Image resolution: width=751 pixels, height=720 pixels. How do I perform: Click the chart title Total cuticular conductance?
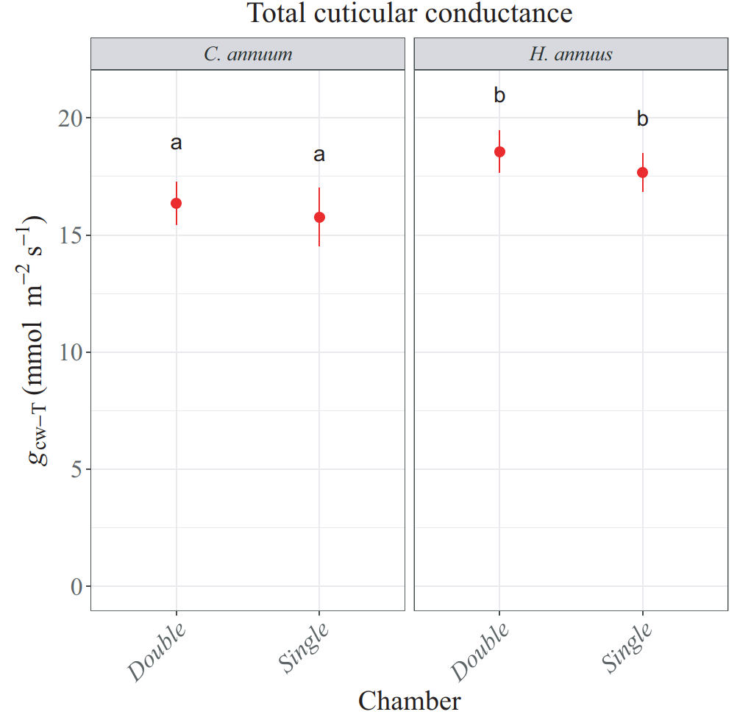click(x=409, y=13)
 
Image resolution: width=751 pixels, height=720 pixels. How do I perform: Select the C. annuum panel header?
click(x=248, y=54)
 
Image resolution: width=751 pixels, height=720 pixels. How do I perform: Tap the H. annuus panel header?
click(x=571, y=54)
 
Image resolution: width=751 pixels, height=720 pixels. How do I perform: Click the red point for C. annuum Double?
click(x=177, y=203)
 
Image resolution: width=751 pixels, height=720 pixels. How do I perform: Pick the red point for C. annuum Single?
click(x=319, y=217)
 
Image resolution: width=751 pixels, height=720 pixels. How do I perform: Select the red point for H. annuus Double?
click(x=499, y=152)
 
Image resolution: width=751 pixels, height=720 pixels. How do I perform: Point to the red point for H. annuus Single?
click(x=642, y=172)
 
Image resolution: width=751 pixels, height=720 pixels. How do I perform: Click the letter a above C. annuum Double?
click(x=177, y=143)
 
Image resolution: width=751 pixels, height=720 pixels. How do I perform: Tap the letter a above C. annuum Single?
click(x=319, y=155)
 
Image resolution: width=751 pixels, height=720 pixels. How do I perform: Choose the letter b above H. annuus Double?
click(x=499, y=96)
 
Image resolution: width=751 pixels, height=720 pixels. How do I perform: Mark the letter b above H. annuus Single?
click(x=642, y=119)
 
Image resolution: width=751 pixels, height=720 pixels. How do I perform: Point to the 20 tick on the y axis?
click(x=70, y=118)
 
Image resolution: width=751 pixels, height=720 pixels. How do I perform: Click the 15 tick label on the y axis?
click(x=70, y=235)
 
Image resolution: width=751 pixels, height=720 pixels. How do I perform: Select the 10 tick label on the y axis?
click(x=70, y=352)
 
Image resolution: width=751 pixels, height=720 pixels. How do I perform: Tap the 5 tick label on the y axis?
click(x=76, y=469)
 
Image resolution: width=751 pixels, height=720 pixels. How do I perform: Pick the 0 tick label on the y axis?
click(x=76, y=587)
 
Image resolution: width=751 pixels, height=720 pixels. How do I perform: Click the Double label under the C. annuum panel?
click(x=156, y=652)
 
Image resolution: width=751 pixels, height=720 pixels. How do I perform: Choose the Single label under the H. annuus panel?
click(x=627, y=649)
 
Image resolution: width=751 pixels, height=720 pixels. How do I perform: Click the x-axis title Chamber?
click(x=409, y=701)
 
